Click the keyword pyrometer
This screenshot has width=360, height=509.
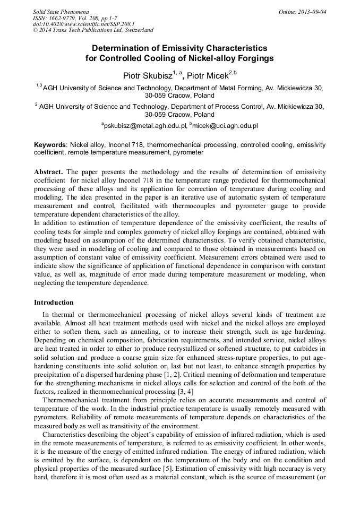click(188, 152)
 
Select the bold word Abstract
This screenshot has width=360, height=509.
click(49, 172)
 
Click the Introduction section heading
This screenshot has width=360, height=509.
click(54, 303)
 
